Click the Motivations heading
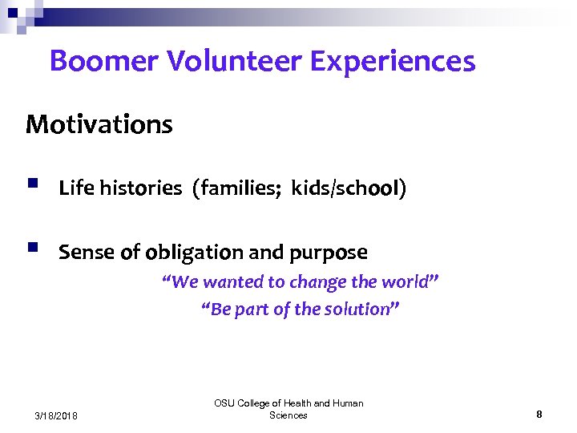coord(99,125)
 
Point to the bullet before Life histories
coord(31,185)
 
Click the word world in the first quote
coord(408,283)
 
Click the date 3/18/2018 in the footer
coord(56,415)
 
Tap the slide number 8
coord(539,415)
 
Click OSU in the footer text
coord(224,403)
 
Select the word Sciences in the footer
coord(288,415)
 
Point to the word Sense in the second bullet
coord(87,253)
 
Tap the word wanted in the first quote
coord(229,283)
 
